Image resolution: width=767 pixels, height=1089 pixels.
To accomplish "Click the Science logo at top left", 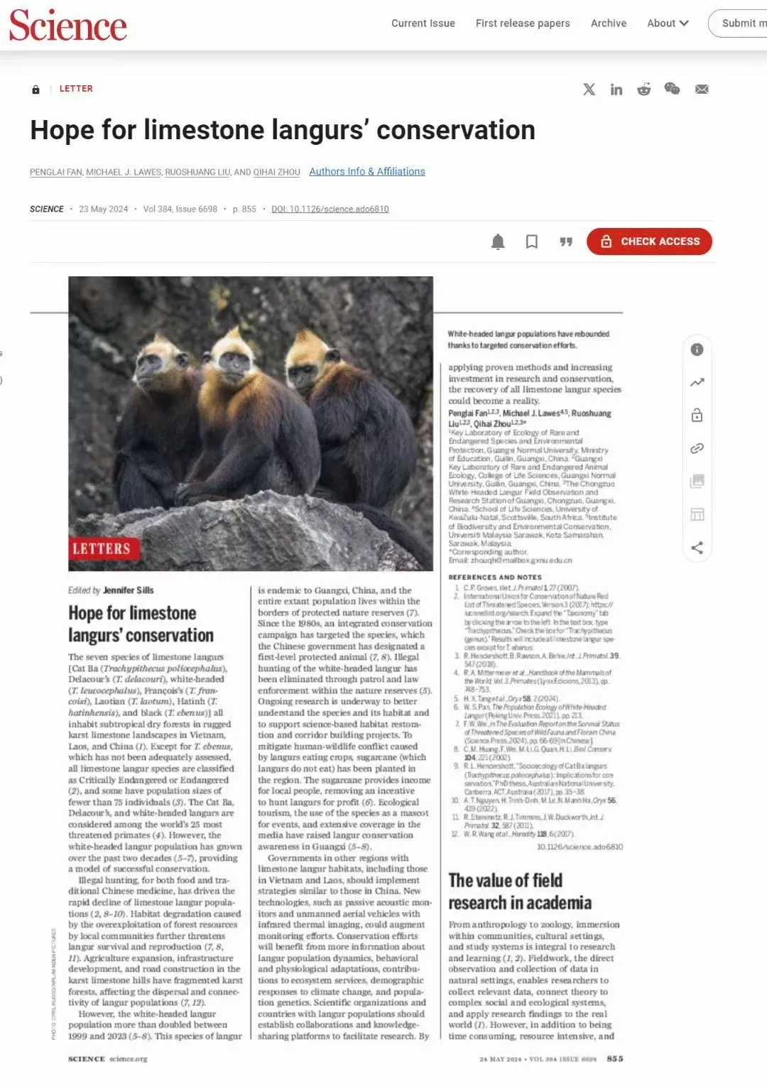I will pyautogui.click(x=68, y=26).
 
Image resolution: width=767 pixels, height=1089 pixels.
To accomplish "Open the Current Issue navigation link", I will pyautogui.click(x=423, y=23).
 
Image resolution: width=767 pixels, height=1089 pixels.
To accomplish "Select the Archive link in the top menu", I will pyautogui.click(x=609, y=23).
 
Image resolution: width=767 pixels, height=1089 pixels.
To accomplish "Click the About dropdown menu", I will pyautogui.click(x=668, y=23).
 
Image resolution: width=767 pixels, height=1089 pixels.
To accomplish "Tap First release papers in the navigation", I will pyautogui.click(x=523, y=23).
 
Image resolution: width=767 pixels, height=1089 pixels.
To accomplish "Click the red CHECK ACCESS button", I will pyautogui.click(x=649, y=242).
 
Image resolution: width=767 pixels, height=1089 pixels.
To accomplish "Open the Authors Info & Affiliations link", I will pyautogui.click(x=367, y=172).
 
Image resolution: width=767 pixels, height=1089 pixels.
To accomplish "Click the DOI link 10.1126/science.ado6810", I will pyautogui.click(x=330, y=210).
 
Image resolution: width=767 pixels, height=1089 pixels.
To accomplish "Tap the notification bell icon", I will pyautogui.click(x=498, y=242).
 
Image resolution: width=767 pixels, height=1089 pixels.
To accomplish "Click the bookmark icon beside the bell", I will pyautogui.click(x=531, y=242).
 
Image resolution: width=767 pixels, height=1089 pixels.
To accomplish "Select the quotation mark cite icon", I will pyautogui.click(x=566, y=242).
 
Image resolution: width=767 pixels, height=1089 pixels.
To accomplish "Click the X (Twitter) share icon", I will pyautogui.click(x=589, y=90).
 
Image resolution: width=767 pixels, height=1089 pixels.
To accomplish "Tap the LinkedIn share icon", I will pyautogui.click(x=616, y=90).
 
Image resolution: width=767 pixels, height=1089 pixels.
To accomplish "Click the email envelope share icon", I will pyautogui.click(x=702, y=90).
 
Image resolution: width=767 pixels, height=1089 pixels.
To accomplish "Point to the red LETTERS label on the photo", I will pyautogui.click(x=102, y=548).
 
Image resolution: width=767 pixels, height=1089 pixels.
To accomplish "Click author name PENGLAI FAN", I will pyautogui.click(x=56, y=173).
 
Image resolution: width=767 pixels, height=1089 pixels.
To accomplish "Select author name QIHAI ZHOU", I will pyautogui.click(x=277, y=173).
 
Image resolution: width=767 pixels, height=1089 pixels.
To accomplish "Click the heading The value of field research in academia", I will pyautogui.click(x=520, y=892).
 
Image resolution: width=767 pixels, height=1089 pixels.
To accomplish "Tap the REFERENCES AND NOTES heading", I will pyautogui.click(x=495, y=578).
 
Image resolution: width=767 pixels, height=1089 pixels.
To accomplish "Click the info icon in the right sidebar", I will pyautogui.click(x=697, y=350).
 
